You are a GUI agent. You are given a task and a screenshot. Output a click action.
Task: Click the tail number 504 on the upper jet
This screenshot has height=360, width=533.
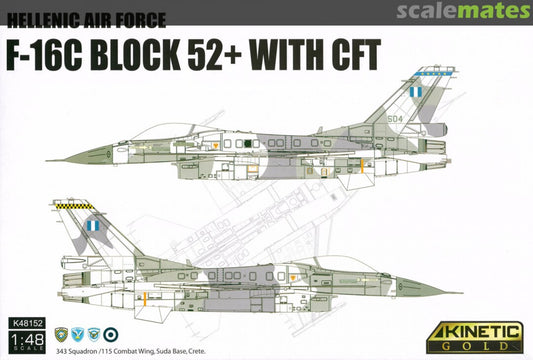(x=397, y=116)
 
